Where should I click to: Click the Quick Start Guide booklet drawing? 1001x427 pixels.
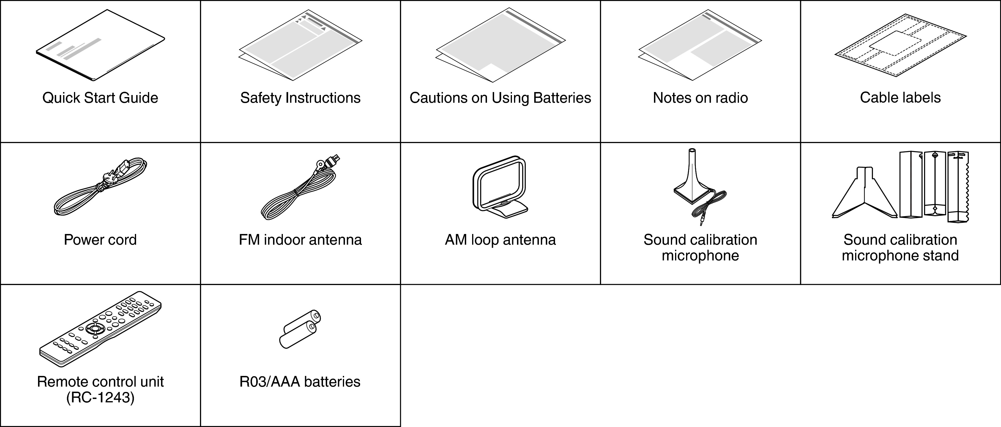pyautogui.click(x=100, y=46)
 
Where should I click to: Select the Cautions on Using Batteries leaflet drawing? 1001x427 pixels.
pyautogui.click(x=500, y=45)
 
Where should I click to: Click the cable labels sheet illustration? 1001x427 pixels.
pyautogui.click(x=900, y=45)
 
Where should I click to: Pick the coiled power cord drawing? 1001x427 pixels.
pyautogui.click(x=100, y=186)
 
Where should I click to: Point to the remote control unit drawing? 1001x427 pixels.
pyautogui.click(x=100, y=329)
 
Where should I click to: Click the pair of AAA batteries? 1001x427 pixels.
pyautogui.click(x=300, y=329)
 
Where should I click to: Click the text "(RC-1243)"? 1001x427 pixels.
pyautogui.click(x=100, y=398)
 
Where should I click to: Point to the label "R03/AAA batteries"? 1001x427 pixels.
pyautogui.click(x=300, y=382)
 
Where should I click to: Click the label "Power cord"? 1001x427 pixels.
pyautogui.click(x=100, y=240)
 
